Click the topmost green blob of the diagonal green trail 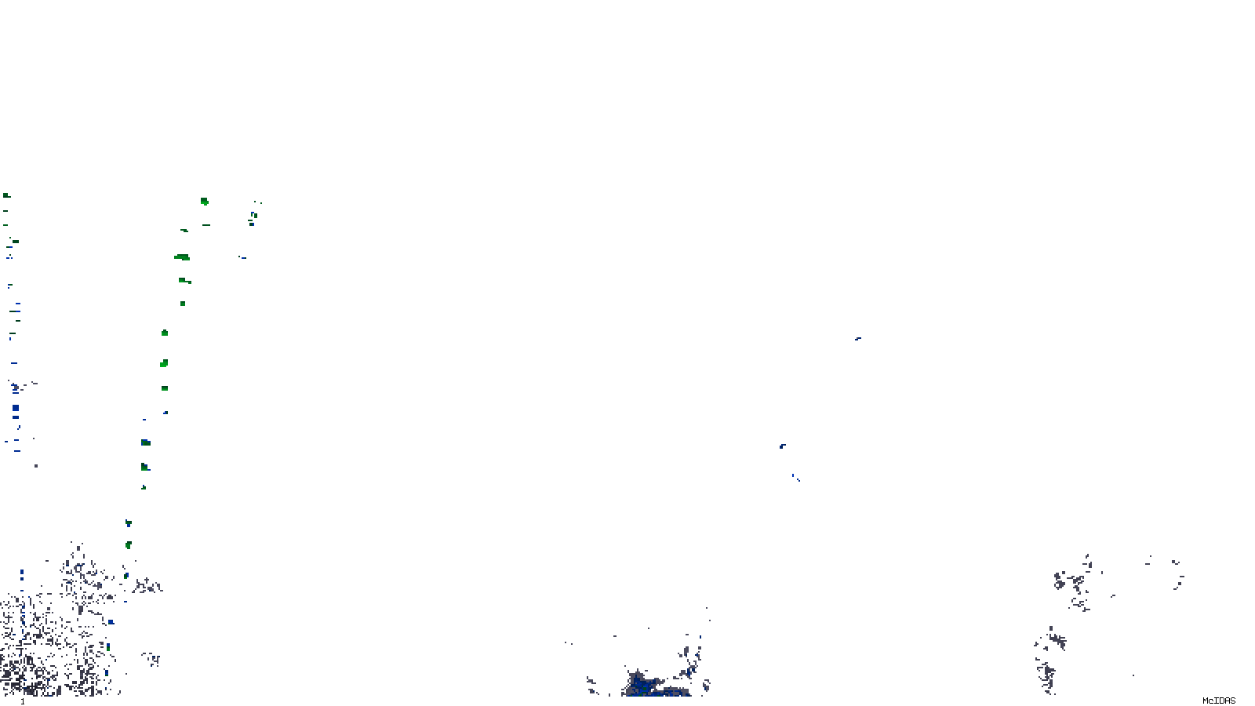(205, 202)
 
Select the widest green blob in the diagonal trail (182, 257)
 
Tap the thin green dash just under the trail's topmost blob (206, 225)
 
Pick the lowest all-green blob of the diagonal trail (128, 545)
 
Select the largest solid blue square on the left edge (16, 408)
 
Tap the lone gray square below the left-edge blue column (36, 466)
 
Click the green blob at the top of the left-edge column (6, 195)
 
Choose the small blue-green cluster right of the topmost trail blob (253, 216)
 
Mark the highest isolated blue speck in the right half (857, 339)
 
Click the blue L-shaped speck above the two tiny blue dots (782, 446)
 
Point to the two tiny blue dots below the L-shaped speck (795, 477)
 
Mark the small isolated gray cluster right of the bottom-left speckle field (151, 659)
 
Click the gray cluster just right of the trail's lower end (147, 585)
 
